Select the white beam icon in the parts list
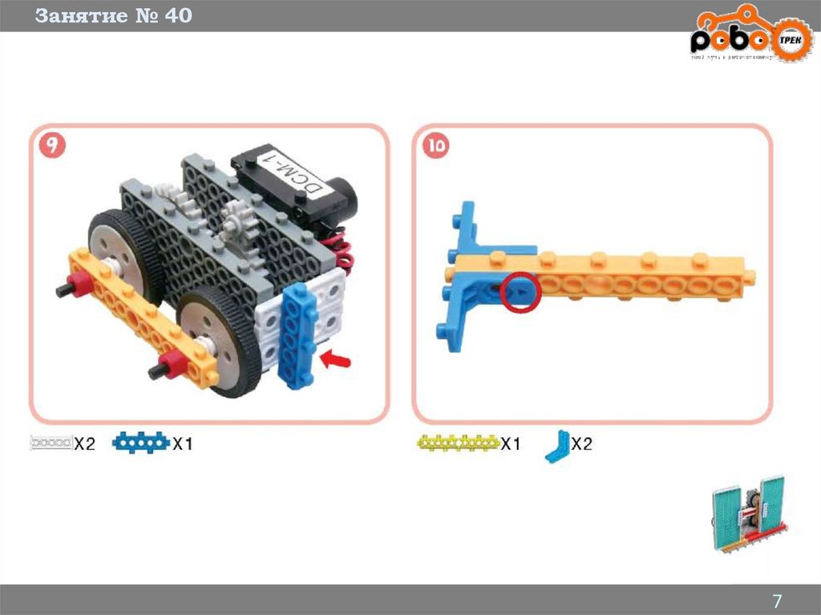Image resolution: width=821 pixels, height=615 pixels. click(x=51, y=443)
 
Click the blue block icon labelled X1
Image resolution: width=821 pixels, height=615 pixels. click(x=141, y=443)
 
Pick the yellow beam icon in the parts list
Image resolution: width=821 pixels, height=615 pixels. click(x=458, y=442)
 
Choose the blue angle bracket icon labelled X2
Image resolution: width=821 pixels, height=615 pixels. click(x=556, y=446)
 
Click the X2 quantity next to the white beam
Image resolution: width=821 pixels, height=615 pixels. click(x=85, y=443)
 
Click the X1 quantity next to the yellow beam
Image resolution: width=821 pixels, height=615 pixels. click(x=511, y=443)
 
